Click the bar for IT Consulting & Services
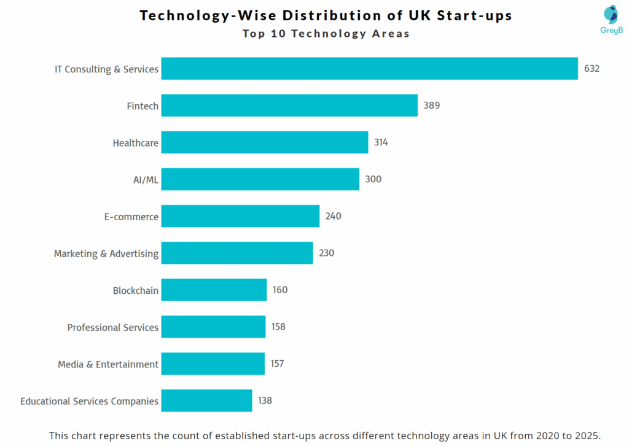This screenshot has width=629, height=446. [369, 69]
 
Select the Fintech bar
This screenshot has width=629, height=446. [289, 106]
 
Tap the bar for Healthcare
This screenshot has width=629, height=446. [265, 142]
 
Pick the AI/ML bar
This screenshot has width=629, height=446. [260, 179]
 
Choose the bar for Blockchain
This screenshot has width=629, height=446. [214, 290]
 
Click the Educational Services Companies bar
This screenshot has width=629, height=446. [206, 401]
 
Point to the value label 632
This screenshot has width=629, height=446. [592, 69]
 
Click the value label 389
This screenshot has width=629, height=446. [431, 106]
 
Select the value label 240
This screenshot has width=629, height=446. [334, 216]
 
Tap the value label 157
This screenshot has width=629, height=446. [277, 364]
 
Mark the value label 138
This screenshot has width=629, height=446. [265, 401]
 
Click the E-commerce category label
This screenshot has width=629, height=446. [131, 217]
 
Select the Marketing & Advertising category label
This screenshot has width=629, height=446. [106, 253]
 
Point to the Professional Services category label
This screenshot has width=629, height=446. [113, 328]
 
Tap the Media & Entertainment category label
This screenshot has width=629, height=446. [108, 364]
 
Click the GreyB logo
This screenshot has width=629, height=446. [611, 18]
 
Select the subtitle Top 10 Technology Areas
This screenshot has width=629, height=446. [326, 34]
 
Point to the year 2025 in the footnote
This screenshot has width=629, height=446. [586, 435]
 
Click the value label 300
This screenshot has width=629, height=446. [373, 179]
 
